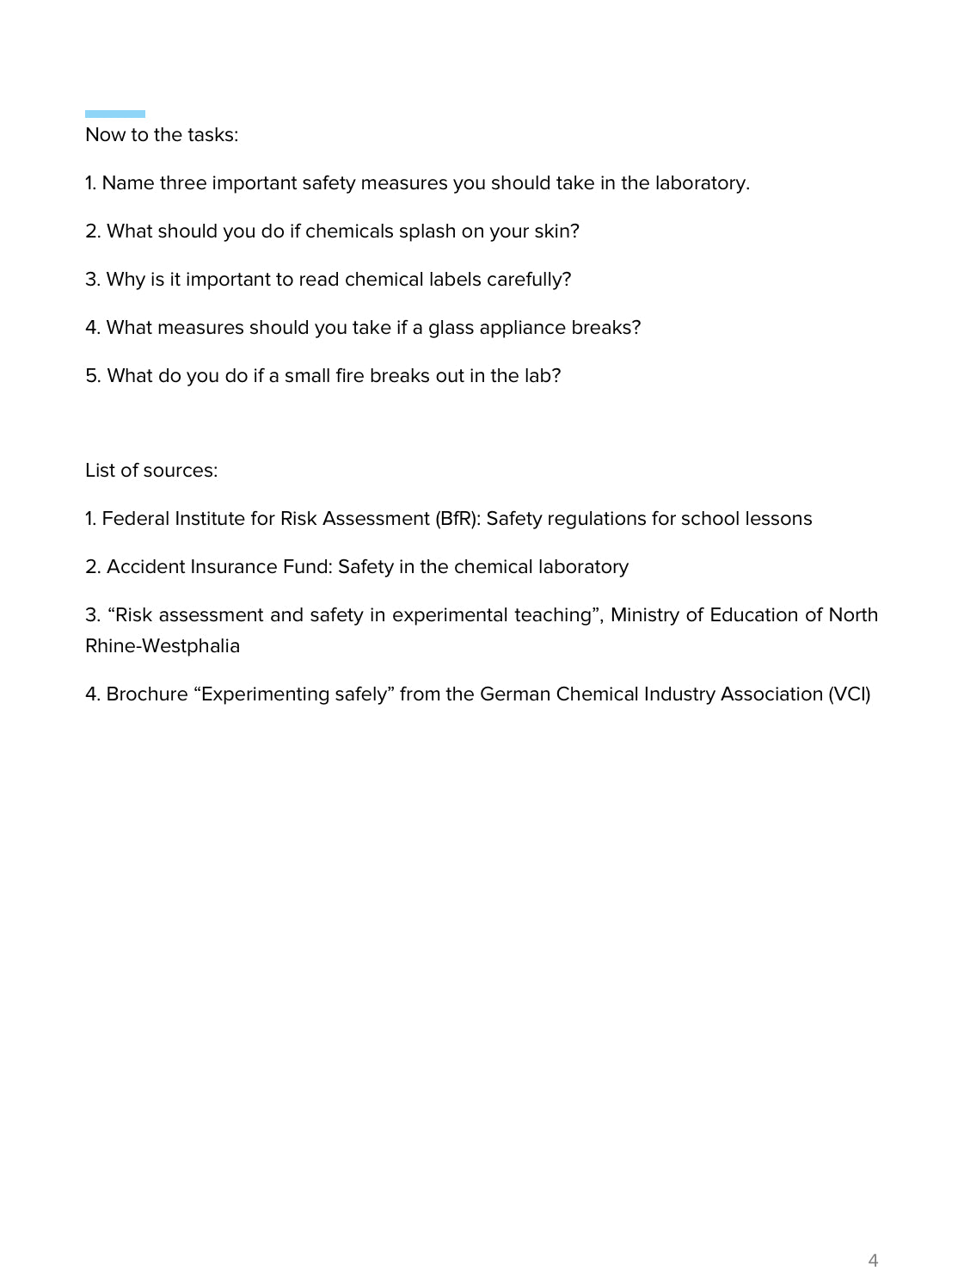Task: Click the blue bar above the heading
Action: [x=114, y=114]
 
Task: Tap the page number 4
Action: [x=873, y=1261]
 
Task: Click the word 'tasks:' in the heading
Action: [x=212, y=135]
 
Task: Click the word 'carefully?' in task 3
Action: [x=529, y=280]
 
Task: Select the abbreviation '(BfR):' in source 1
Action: [x=457, y=519]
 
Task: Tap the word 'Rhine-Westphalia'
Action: [x=163, y=646]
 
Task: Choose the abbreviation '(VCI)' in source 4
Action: [x=849, y=694]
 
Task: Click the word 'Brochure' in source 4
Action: [x=147, y=694]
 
